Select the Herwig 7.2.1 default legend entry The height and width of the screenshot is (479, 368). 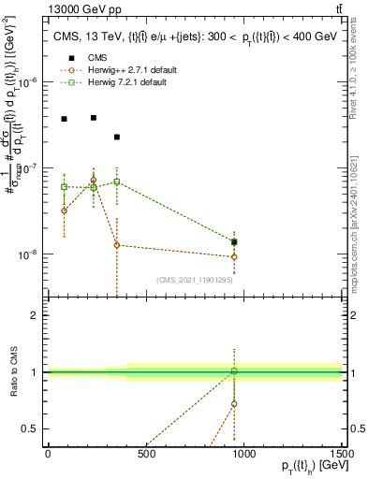pyautogui.click(x=118, y=84)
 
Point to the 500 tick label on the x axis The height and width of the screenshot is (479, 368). pyautogui.click(x=146, y=456)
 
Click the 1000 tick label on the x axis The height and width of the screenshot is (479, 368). pyautogui.click(x=243, y=456)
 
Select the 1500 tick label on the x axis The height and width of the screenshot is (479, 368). pyautogui.click(x=341, y=456)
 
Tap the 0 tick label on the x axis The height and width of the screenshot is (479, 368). pyautogui.click(x=49, y=456)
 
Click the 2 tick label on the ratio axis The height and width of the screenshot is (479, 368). pyautogui.click(x=36, y=315)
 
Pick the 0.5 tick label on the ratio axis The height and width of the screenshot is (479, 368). pyautogui.click(x=32, y=428)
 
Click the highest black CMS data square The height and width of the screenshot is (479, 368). pyautogui.click(x=94, y=118)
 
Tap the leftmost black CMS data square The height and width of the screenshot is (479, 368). pyautogui.click(x=64, y=119)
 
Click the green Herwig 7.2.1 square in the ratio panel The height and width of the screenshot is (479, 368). pyautogui.click(x=234, y=371)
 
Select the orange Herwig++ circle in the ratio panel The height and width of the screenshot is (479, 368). pyautogui.click(x=234, y=404)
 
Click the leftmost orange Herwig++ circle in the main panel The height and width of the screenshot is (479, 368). pyautogui.click(x=64, y=210)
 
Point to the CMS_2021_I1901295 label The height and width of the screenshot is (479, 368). pyautogui.click(x=195, y=280)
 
